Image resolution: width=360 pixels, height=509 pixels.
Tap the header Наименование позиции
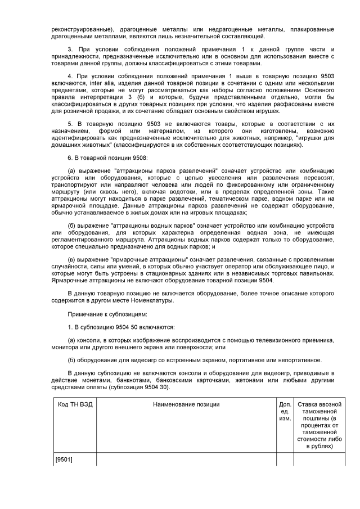[x=186, y=405]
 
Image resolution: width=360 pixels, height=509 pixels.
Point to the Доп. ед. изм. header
[x=285, y=412]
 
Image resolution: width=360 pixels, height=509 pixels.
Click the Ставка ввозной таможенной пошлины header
[x=319, y=425]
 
